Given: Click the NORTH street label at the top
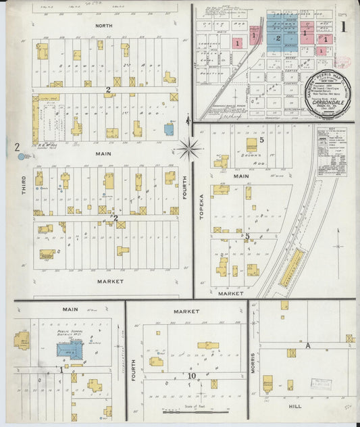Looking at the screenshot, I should tap(104, 26).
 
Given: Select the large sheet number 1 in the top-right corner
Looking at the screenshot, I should tap(344, 27).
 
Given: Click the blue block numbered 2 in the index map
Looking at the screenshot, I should tap(278, 39).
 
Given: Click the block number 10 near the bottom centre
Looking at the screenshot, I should tap(192, 375).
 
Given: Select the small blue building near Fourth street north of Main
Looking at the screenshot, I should tap(168, 128).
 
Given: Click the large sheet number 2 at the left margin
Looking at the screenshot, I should tap(17, 147).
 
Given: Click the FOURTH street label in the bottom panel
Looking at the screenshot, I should tap(134, 370).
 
